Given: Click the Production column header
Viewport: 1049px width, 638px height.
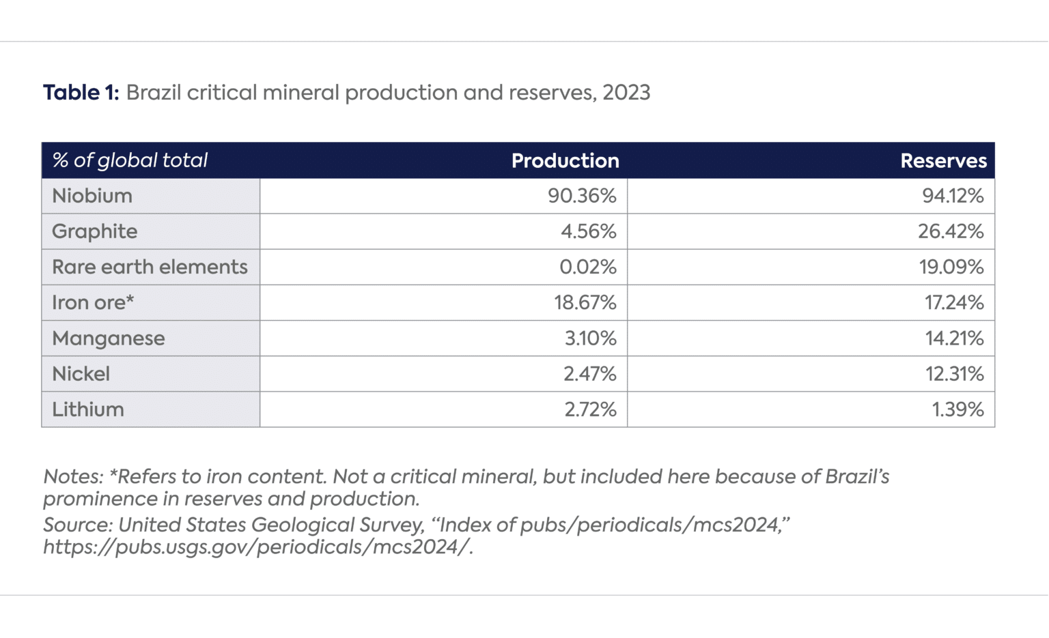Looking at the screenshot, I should point(565,160).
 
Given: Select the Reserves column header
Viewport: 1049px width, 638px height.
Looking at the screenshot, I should point(943,160).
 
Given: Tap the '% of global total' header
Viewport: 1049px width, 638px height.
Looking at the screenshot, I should point(130,160).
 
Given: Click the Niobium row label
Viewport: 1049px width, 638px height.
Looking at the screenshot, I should point(92,196).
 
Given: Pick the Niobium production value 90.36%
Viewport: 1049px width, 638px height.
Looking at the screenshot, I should point(582,196).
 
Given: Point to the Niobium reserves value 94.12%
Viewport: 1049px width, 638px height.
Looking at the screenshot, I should point(953,196).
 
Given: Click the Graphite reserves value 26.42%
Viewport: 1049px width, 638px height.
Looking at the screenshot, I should point(951,231).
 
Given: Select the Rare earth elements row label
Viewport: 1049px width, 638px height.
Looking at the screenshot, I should point(150,267).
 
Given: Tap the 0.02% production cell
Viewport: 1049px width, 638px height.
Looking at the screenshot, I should point(587,267).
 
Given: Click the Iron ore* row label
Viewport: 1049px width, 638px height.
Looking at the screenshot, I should point(93,302).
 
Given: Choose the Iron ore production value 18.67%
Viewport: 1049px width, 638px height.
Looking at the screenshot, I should point(585,302).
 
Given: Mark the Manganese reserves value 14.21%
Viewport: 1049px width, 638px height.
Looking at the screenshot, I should point(954,338).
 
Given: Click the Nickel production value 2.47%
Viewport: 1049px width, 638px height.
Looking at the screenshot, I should point(589,374).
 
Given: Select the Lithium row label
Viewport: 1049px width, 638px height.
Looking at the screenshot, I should point(88,409).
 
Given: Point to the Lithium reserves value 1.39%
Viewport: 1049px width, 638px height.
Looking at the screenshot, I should point(957,409).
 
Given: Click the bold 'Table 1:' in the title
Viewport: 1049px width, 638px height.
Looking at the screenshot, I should point(81,93).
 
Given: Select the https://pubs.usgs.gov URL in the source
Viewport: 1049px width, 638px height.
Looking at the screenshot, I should point(257,547).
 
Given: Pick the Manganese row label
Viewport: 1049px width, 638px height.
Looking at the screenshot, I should point(109,338).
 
